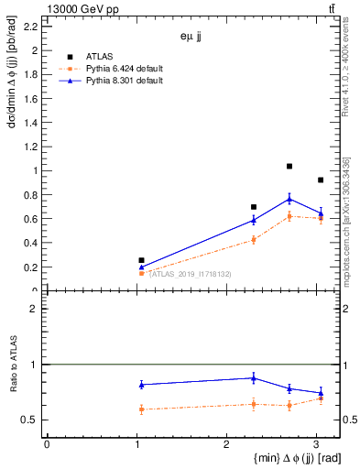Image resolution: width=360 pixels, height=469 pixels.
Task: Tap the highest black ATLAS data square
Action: [289, 166]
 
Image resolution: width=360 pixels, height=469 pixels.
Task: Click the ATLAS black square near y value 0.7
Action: [254, 207]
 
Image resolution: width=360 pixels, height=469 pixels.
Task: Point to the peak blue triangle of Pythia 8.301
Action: [289, 199]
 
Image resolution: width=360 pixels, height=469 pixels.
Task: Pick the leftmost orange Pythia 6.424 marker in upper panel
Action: [141, 273]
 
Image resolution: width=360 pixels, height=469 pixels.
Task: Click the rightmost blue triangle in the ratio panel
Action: [320, 393]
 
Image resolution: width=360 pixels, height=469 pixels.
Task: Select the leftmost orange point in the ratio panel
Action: [141, 409]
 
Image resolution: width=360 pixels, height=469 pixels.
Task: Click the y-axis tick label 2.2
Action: [32, 26]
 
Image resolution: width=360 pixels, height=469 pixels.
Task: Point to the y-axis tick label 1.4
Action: [32, 123]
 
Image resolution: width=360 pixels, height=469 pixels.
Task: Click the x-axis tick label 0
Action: [47, 444]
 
